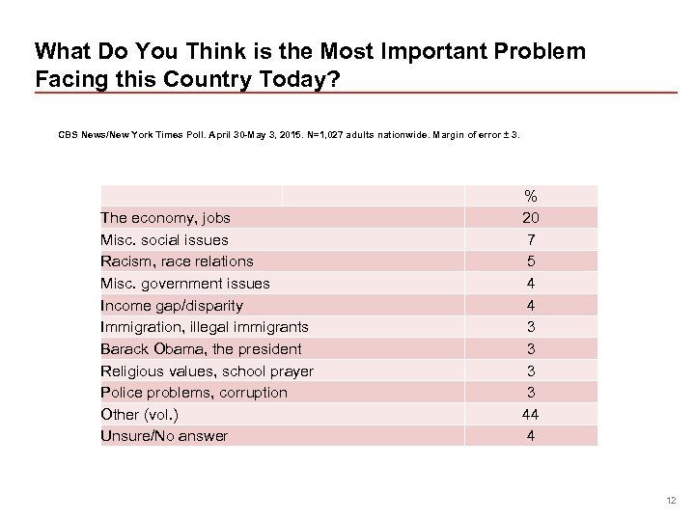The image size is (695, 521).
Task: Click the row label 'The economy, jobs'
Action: coord(165,218)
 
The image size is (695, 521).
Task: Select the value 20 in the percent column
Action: coord(531,218)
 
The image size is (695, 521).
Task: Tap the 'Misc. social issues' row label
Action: coord(165,239)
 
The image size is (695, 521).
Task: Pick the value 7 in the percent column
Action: coord(531,239)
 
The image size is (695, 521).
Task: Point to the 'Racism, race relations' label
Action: coord(177,261)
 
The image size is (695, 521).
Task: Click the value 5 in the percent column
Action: coord(531,261)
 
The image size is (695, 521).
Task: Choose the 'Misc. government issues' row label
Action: coord(185,284)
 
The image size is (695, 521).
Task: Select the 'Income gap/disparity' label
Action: coord(172,305)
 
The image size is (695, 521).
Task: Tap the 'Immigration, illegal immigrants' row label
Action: coord(205,327)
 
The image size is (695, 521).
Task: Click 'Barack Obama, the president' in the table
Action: coord(201,348)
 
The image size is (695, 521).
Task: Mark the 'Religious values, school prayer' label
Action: coord(207,370)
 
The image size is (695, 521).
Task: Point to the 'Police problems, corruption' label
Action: coord(194,392)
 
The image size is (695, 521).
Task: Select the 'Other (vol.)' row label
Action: coord(140,414)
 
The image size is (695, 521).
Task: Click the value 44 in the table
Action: coord(531,414)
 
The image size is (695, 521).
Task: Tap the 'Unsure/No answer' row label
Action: coord(164,436)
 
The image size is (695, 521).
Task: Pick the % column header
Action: coord(531,197)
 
